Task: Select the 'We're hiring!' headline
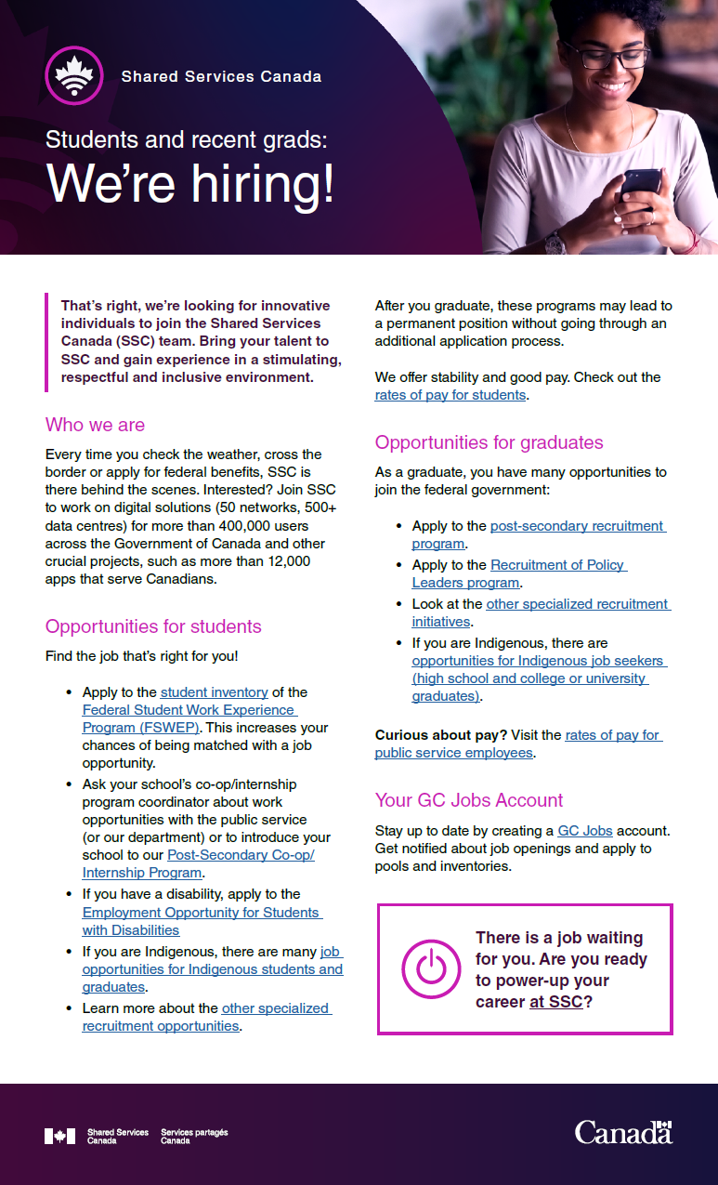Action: click(x=190, y=183)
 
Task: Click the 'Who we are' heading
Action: click(x=95, y=425)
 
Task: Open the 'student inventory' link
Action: click(x=214, y=692)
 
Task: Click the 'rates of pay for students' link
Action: click(x=450, y=395)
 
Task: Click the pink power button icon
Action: click(x=430, y=968)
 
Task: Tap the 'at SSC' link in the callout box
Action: click(x=555, y=1002)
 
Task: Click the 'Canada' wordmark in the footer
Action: click(x=621, y=1132)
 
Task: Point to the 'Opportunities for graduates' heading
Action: click(x=489, y=442)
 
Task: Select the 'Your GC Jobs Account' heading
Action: click(x=469, y=800)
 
